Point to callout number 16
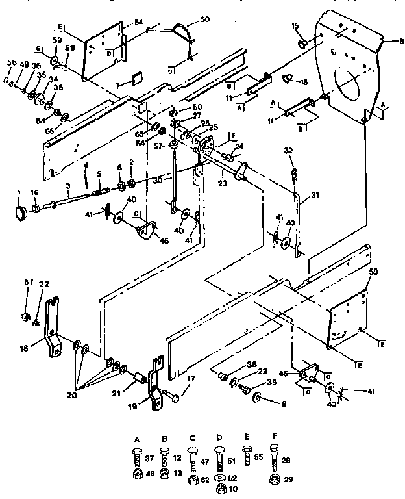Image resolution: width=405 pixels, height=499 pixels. point(35,193)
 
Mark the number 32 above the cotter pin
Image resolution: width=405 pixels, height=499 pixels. point(288,150)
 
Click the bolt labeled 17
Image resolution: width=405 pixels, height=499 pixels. point(171,393)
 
